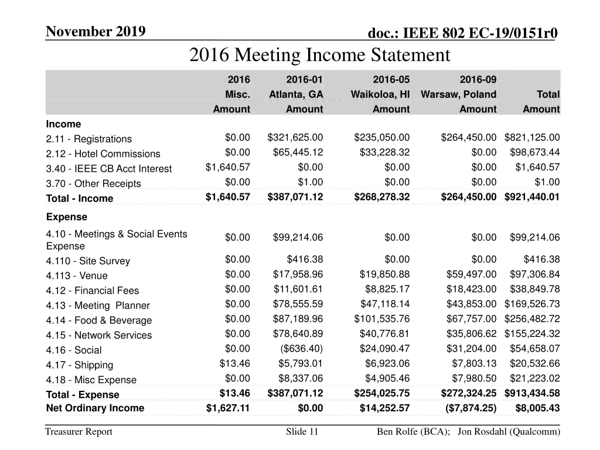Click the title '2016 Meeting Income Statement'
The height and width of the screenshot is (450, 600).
(319, 55)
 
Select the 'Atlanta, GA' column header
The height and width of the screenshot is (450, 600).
(296, 94)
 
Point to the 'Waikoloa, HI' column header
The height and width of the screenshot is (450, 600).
(380, 94)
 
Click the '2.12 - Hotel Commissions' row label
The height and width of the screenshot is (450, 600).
(103, 154)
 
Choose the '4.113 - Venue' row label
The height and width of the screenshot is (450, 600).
(77, 276)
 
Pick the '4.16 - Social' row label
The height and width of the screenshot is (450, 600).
(74, 350)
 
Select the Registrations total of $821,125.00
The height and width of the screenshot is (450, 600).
(531, 138)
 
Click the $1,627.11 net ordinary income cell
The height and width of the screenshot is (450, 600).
(228, 408)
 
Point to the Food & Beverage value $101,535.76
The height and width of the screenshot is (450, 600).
(381, 319)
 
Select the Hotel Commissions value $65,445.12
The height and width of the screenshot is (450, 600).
(298, 152)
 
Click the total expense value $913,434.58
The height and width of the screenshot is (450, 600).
(531, 394)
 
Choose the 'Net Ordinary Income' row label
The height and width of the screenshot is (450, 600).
(95, 408)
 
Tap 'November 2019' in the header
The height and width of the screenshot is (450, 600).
(96, 31)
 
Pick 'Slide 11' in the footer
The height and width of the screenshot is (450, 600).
(302, 432)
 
